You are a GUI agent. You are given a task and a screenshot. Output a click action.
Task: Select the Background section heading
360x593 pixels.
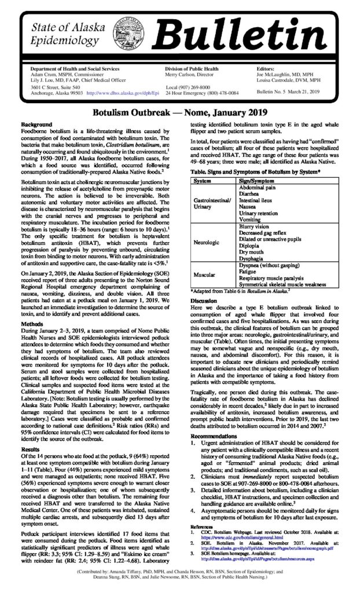click(x=36, y=125)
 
